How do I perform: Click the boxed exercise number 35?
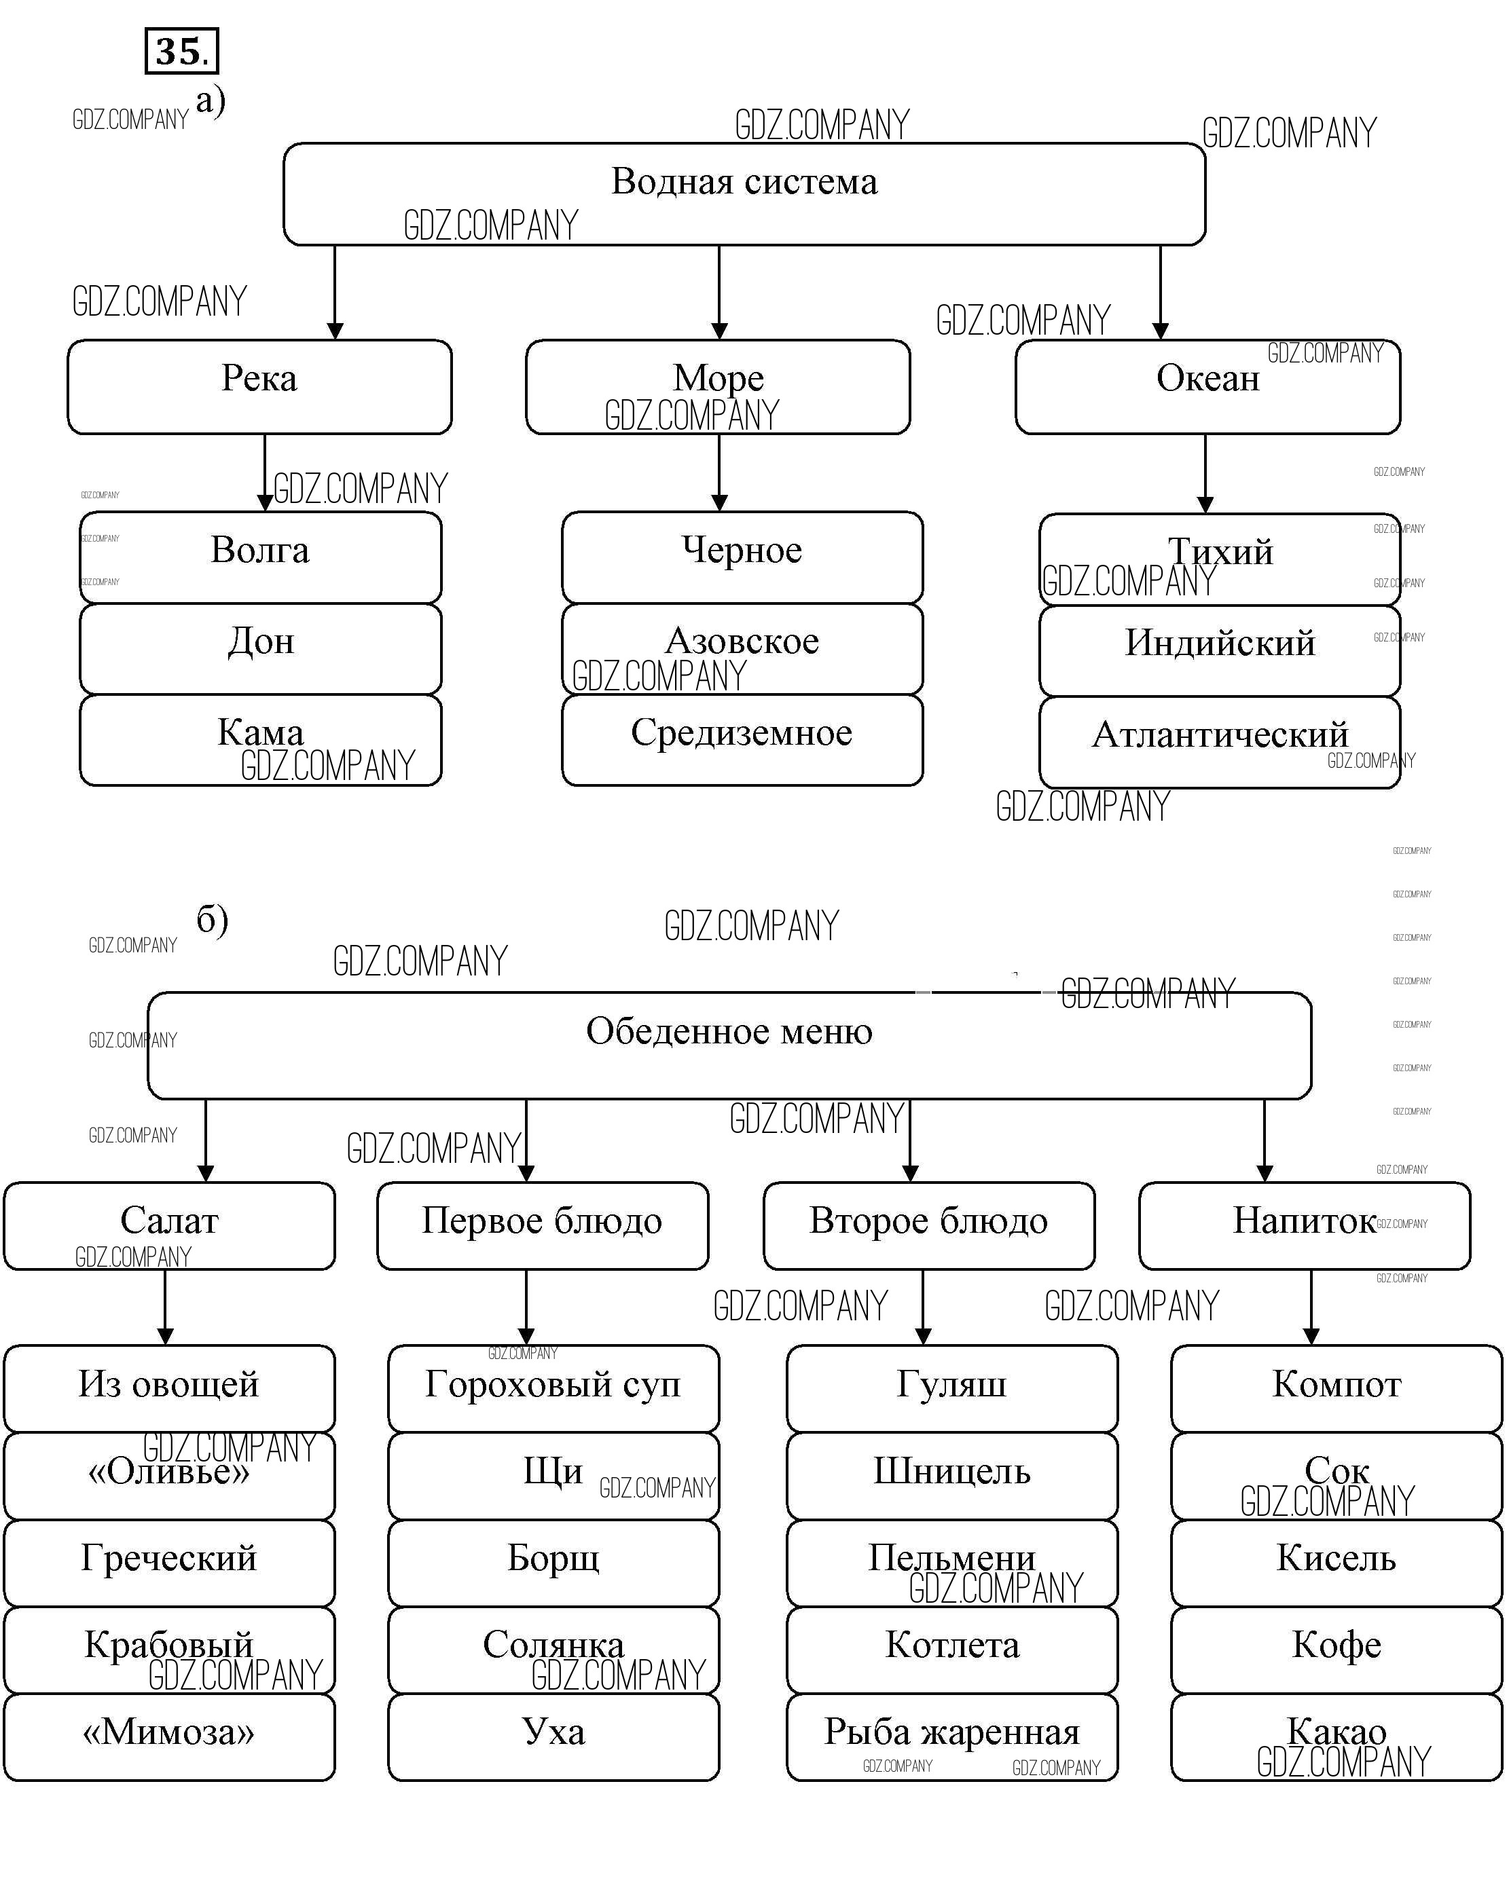click(181, 52)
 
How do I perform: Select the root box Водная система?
click(744, 193)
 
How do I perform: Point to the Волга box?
click(260, 557)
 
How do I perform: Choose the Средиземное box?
click(742, 739)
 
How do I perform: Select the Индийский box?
click(1219, 650)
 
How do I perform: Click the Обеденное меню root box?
click(729, 1044)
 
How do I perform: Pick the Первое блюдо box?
click(542, 1225)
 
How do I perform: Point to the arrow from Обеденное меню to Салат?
click(206, 1139)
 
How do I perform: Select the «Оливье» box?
click(169, 1476)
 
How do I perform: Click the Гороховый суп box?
click(553, 1388)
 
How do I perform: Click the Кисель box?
click(1336, 1562)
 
